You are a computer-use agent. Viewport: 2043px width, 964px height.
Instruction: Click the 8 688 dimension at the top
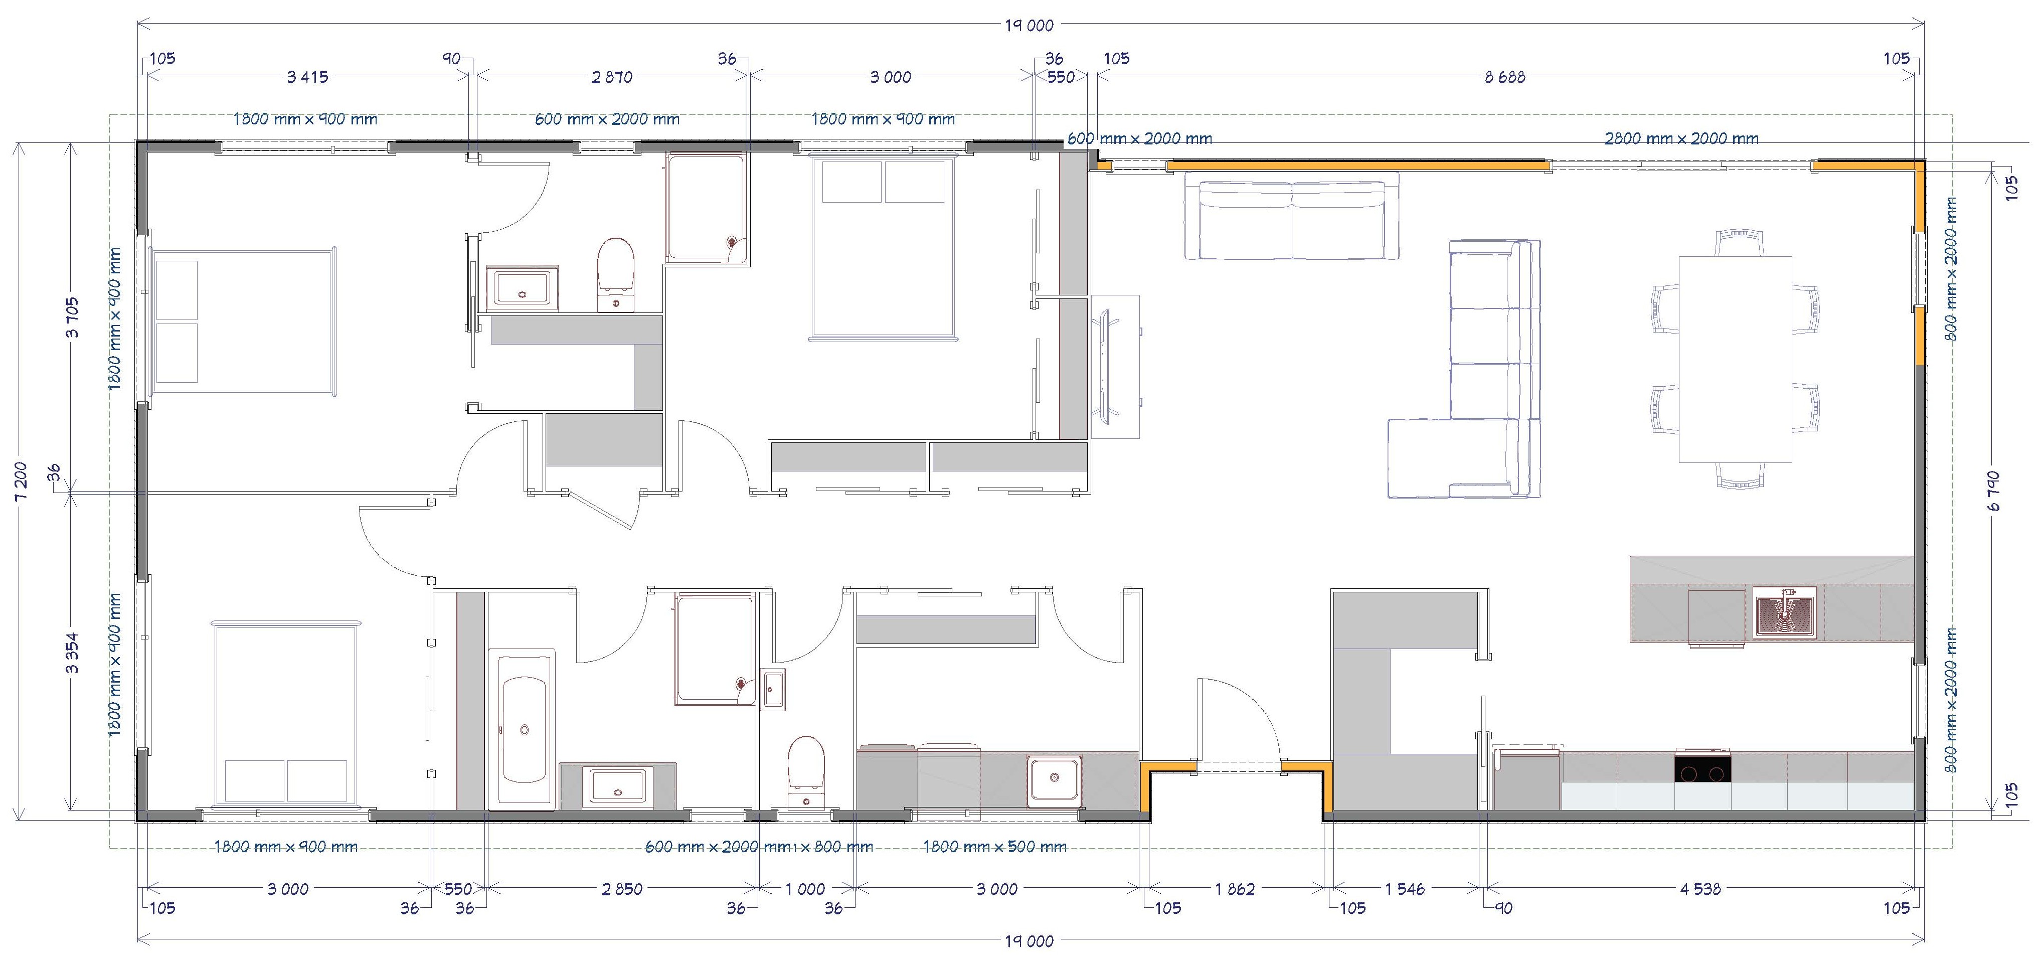1504,77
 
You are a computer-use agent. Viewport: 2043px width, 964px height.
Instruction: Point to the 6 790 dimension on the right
1994,491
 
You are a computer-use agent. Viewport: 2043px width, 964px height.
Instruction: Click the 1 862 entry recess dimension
1235,889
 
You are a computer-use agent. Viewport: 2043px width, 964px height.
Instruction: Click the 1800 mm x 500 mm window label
994,847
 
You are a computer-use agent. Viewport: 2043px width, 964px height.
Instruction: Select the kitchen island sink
1784,612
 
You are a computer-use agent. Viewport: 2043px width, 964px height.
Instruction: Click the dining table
1735,360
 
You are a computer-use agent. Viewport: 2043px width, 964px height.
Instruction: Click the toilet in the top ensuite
615,274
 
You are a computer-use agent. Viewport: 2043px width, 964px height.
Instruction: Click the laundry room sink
1054,781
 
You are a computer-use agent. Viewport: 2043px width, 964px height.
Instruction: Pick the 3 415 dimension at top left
308,77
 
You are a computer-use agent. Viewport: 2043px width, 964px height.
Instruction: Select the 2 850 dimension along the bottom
622,889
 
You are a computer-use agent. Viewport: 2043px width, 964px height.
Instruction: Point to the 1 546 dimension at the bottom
1405,889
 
